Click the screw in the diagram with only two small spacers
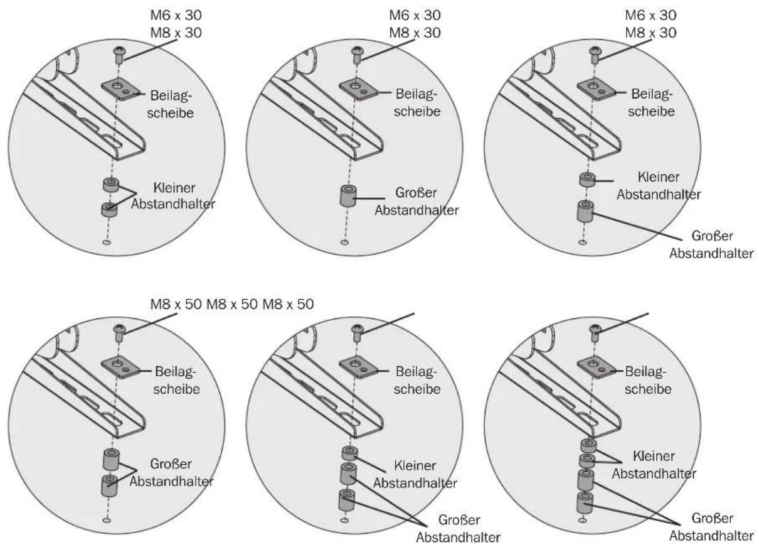pyautogui.click(x=120, y=54)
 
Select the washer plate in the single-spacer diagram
pyautogui.click(x=359, y=89)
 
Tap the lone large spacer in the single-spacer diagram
pyautogui.click(x=348, y=196)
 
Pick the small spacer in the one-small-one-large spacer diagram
pyautogui.click(x=587, y=180)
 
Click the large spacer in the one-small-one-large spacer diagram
pyautogui.click(x=585, y=211)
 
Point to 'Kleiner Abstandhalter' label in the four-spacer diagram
pyautogui.click(x=654, y=465)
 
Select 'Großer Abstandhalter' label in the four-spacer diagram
pyautogui.click(x=711, y=527)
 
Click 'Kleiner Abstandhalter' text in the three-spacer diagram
pyautogui.click(x=415, y=474)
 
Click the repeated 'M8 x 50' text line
pyautogui.click(x=231, y=304)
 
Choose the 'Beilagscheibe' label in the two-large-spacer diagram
pyautogui.click(x=176, y=380)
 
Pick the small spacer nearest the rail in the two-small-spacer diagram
pyautogui.click(x=111, y=185)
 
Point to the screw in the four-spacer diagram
pyautogui.click(x=595, y=332)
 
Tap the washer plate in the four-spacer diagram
pyautogui.click(x=597, y=367)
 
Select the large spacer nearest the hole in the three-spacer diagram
pyautogui.click(x=347, y=500)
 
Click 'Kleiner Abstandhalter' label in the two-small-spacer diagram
pyautogui.click(x=173, y=196)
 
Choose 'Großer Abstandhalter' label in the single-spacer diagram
pyautogui.click(x=417, y=201)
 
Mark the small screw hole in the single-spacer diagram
pyautogui.click(x=344, y=242)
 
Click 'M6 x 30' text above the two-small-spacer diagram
pyautogui.click(x=176, y=15)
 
